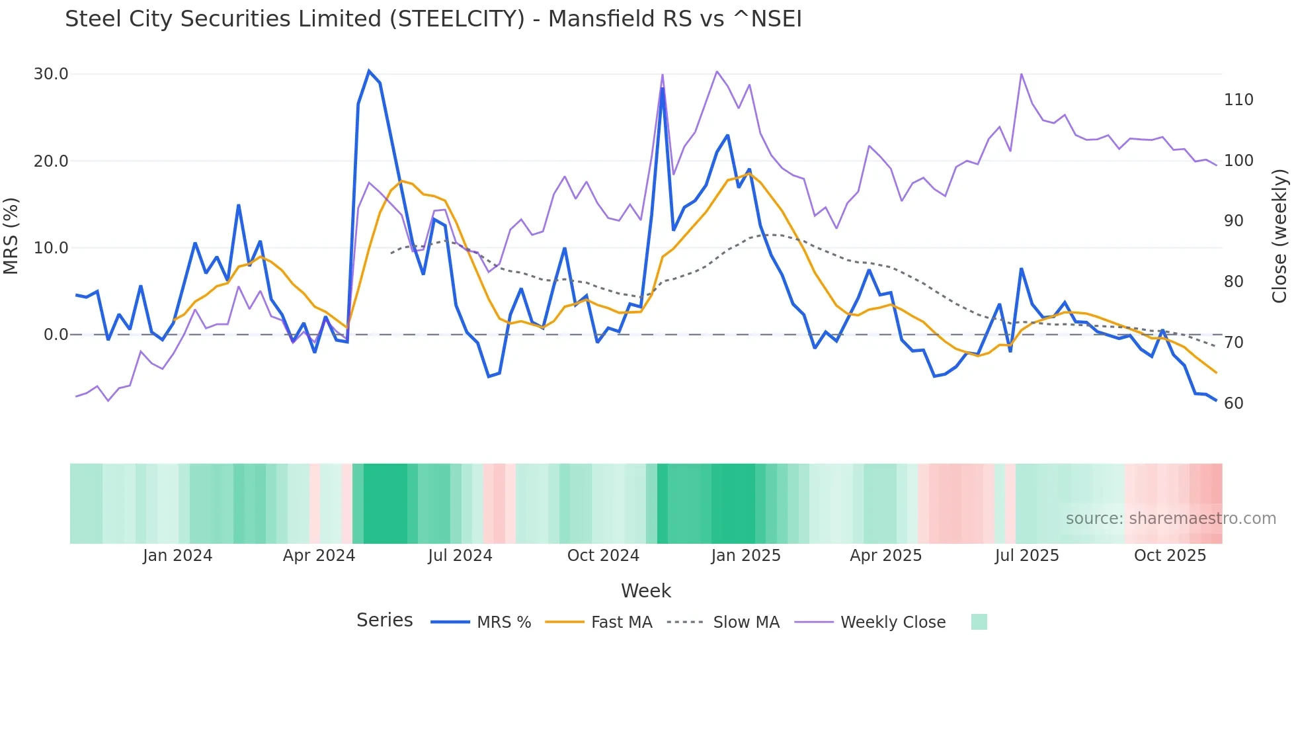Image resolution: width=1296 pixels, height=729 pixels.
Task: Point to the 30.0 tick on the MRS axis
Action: [x=51, y=74]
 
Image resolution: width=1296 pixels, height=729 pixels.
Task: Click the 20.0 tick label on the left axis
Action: [x=51, y=161]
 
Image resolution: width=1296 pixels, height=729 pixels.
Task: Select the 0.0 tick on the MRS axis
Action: [x=56, y=335]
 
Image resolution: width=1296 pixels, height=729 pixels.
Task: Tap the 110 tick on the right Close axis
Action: [x=1238, y=100]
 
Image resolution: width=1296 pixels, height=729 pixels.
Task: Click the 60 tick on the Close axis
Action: [x=1234, y=404]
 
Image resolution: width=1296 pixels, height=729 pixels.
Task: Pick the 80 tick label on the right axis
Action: [x=1234, y=282]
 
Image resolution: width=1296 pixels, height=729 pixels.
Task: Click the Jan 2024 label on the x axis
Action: [x=177, y=556]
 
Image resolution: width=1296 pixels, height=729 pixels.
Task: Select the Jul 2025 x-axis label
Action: [x=1027, y=556]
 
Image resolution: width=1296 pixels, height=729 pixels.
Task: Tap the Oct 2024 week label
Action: [x=603, y=556]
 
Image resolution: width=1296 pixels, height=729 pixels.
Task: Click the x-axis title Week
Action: [x=646, y=591]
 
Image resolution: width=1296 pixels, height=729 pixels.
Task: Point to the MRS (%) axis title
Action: [x=11, y=236]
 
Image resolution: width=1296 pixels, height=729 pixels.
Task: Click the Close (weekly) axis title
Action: [x=1280, y=236]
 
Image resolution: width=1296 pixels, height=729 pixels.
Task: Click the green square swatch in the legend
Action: [x=979, y=622]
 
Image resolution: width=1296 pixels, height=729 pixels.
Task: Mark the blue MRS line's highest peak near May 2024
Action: [x=369, y=71]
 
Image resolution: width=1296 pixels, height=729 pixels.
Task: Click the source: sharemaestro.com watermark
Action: [x=1170, y=519]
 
